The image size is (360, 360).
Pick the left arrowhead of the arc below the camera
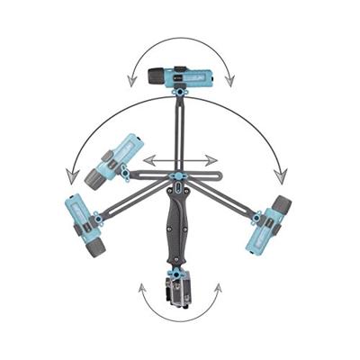[x=142, y=288]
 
